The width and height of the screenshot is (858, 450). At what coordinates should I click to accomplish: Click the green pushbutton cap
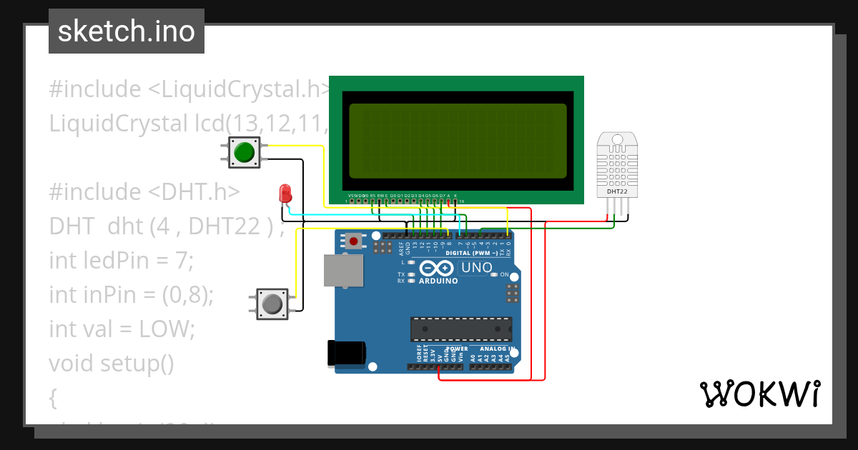point(245,152)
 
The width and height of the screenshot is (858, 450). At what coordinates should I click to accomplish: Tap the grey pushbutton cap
point(272,304)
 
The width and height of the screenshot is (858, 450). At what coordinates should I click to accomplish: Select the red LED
point(285,192)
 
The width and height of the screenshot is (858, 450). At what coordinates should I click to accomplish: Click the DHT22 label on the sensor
point(617,191)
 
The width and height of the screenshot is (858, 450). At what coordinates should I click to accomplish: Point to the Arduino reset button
point(352,241)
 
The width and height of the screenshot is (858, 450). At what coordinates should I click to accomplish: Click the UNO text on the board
point(476,268)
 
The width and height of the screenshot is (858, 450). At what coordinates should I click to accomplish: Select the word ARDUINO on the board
point(438,281)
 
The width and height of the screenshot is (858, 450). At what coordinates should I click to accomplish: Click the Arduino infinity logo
point(437,269)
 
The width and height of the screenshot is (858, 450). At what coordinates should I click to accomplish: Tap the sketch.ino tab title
point(127,31)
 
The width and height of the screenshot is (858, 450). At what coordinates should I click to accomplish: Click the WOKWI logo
point(759,394)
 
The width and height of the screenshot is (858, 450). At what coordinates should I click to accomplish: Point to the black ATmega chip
point(460,329)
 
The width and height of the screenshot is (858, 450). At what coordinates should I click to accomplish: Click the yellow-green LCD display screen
point(458,141)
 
